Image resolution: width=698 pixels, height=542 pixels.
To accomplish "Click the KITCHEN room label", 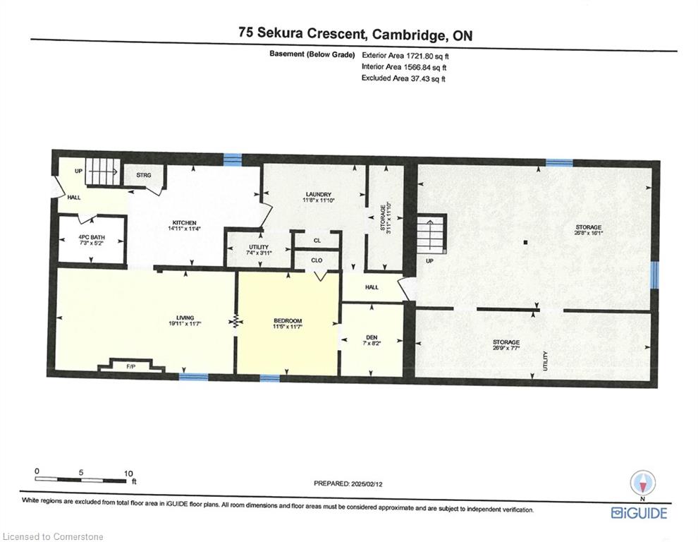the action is [185, 223].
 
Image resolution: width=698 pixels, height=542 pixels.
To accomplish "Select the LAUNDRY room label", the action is [319, 194].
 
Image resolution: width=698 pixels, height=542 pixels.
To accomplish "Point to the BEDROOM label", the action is [288, 321].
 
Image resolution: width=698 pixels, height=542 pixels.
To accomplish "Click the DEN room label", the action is [372, 337].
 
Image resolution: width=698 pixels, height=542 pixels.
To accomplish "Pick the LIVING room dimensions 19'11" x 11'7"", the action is [185, 324].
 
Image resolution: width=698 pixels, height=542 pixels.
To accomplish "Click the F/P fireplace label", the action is [131, 367].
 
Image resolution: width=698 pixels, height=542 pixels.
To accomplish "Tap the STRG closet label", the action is [144, 175].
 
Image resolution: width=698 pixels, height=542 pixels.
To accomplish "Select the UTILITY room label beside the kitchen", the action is [259, 247].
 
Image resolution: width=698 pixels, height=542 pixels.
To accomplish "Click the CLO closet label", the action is [317, 260].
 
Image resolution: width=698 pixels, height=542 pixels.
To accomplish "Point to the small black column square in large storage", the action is [526, 243].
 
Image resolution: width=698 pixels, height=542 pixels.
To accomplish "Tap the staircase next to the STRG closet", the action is [103, 171].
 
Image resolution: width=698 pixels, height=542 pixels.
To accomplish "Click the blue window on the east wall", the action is [654, 275].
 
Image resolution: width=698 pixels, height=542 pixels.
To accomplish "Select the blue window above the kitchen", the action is [233, 158].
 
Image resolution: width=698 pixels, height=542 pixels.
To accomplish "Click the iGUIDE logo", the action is [639, 513].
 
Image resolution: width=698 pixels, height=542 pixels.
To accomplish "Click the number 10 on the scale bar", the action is [128, 474].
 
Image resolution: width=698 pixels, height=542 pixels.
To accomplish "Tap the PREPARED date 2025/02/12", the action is [367, 483].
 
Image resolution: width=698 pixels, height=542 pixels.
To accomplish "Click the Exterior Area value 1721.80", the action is [418, 56].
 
